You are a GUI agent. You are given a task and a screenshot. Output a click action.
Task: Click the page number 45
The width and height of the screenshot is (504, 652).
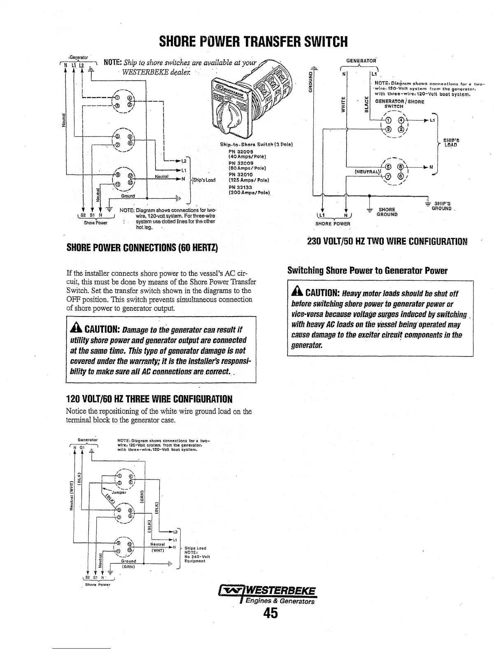click(271, 613)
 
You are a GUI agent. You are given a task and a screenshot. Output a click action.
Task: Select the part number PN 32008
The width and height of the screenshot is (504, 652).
click(239, 151)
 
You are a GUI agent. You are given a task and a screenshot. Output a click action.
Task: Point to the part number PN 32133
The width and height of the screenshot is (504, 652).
click(239, 187)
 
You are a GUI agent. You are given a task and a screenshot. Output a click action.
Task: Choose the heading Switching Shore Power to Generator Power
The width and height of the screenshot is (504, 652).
click(367, 271)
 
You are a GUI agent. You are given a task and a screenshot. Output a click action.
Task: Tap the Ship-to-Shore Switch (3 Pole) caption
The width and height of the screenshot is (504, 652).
click(256, 144)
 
